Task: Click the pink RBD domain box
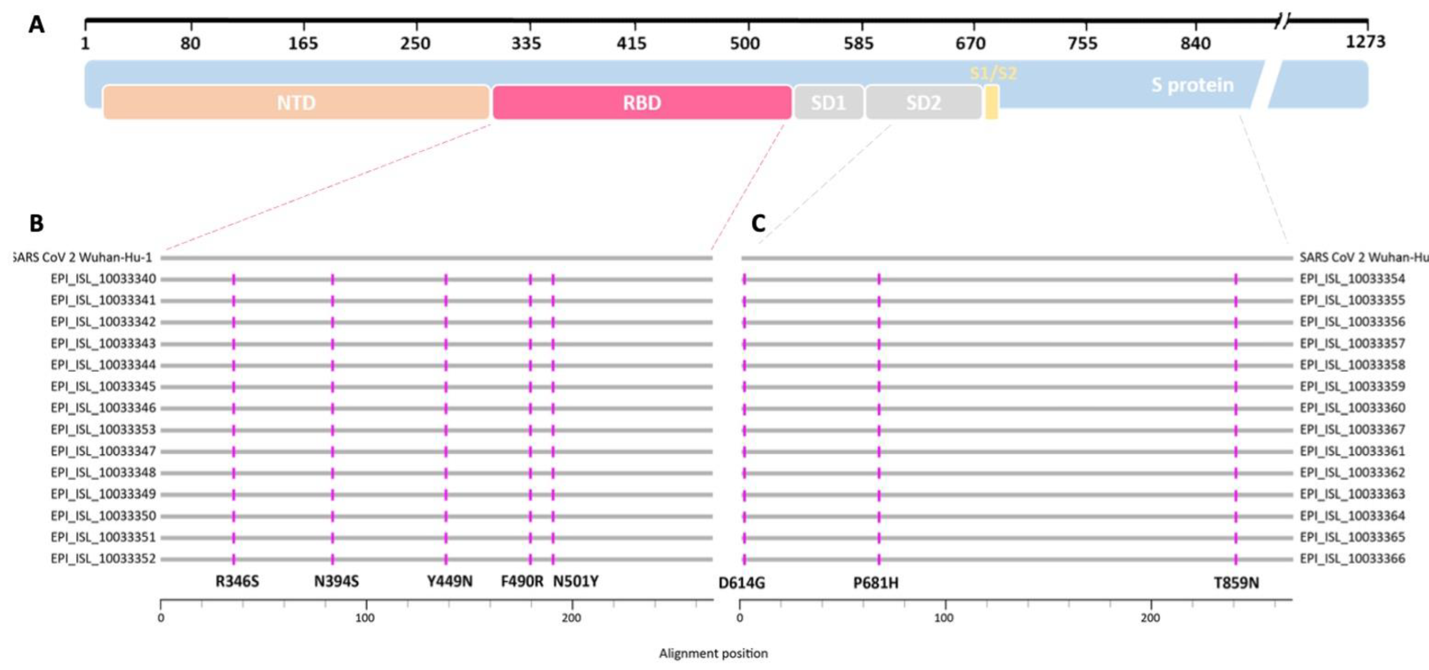[x=642, y=103]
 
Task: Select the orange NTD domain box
[x=296, y=103]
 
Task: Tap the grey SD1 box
[x=828, y=103]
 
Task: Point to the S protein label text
[x=1192, y=85]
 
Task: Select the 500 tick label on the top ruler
[x=745, y=43]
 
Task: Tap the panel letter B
[x=36, y=223]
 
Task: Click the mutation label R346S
[x=237, y=581]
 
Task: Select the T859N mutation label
[x=1236, y=583]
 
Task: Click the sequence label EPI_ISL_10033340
[x=103, y=279]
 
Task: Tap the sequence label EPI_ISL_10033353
[x=103, y=430]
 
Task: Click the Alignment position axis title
[x=713, y=653]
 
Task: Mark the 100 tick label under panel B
[x=365, y=618]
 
